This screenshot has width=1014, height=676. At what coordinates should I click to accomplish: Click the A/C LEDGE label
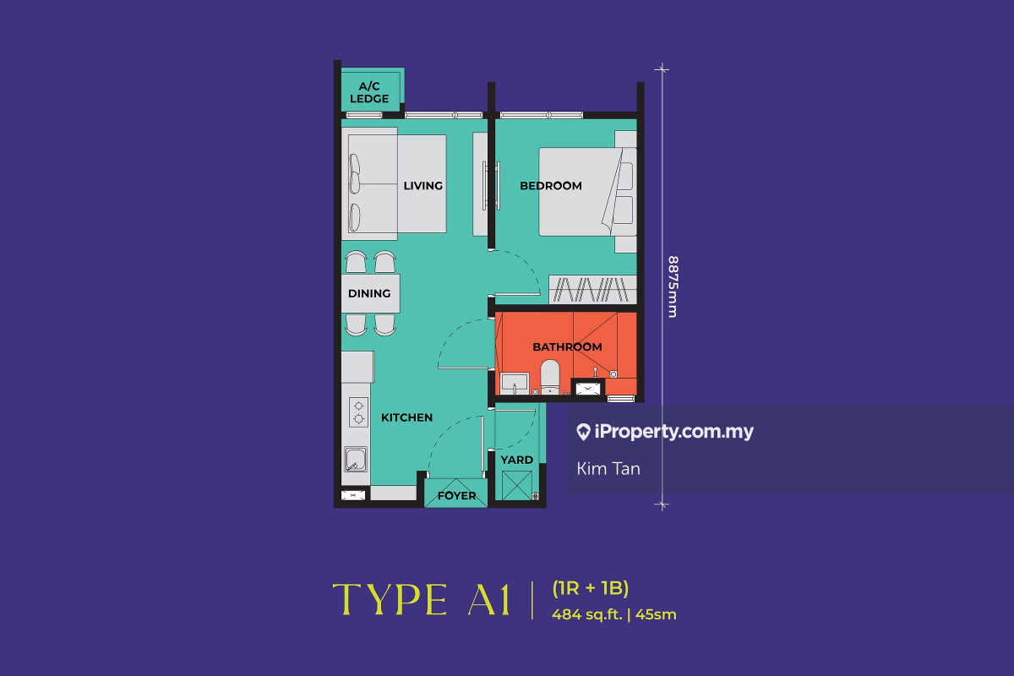(x=369, y=92)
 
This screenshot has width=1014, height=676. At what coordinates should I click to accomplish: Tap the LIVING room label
(x=423, y=186)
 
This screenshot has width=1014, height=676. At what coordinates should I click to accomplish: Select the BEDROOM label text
(x=551, y=186)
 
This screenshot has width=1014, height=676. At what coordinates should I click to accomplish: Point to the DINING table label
(x=369, y=293)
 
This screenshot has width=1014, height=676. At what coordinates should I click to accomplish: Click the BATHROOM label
(x=567, y=346)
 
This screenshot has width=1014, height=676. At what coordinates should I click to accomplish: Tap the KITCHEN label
(x=407, y=417)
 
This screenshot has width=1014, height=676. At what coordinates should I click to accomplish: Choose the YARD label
(x=517, y=460)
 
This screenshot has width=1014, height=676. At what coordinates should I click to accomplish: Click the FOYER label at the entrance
(x=457, y=496)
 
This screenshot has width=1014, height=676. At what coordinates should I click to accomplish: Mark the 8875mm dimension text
(x=673, y=286)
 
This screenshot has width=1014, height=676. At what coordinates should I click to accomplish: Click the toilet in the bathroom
(x=550, y=377)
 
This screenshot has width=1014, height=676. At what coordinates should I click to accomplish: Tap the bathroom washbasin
(x=515, y=383)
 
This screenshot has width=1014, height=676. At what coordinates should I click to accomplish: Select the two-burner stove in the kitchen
(x=358, y=412)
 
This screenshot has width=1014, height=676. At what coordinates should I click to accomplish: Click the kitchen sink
(x=356, y=460)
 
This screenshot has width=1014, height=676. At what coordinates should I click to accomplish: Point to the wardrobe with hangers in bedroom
(x=593, y=289)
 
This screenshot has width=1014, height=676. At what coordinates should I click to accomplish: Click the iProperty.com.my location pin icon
(x=583, y=432)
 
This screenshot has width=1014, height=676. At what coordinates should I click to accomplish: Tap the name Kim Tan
(x=608, y=469)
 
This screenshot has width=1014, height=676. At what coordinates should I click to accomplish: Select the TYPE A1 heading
(x=422, y=599)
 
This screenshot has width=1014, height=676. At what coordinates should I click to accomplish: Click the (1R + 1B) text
(x=591, y=588)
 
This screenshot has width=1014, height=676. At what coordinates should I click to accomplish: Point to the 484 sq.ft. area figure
(x=587, y=614)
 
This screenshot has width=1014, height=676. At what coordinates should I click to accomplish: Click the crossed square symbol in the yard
(x=517, y=485)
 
